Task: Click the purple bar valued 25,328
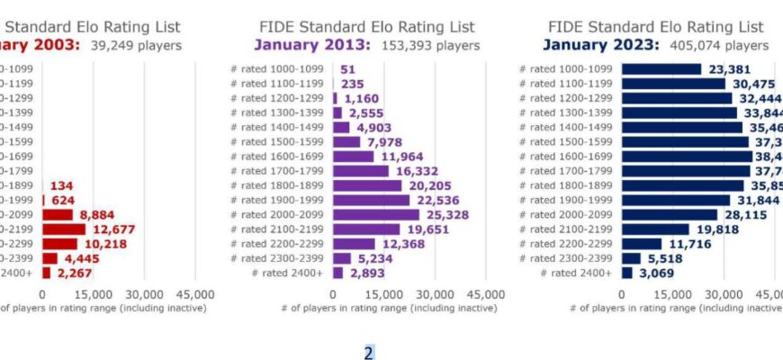click(x=375, y=214)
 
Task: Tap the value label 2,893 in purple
click(x=366, y=273)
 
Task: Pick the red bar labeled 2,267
click(x=46, y=273)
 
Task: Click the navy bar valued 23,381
click(x=661, y=68)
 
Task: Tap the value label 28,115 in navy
click(x=750, y=214)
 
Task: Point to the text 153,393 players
click(x=439, y=45)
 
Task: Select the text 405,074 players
click(x=728, y=45)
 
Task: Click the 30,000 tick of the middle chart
click(x=435, y=294)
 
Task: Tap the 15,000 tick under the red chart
click(x=93, y=294)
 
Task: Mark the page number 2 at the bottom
click(x=368, y=352)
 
